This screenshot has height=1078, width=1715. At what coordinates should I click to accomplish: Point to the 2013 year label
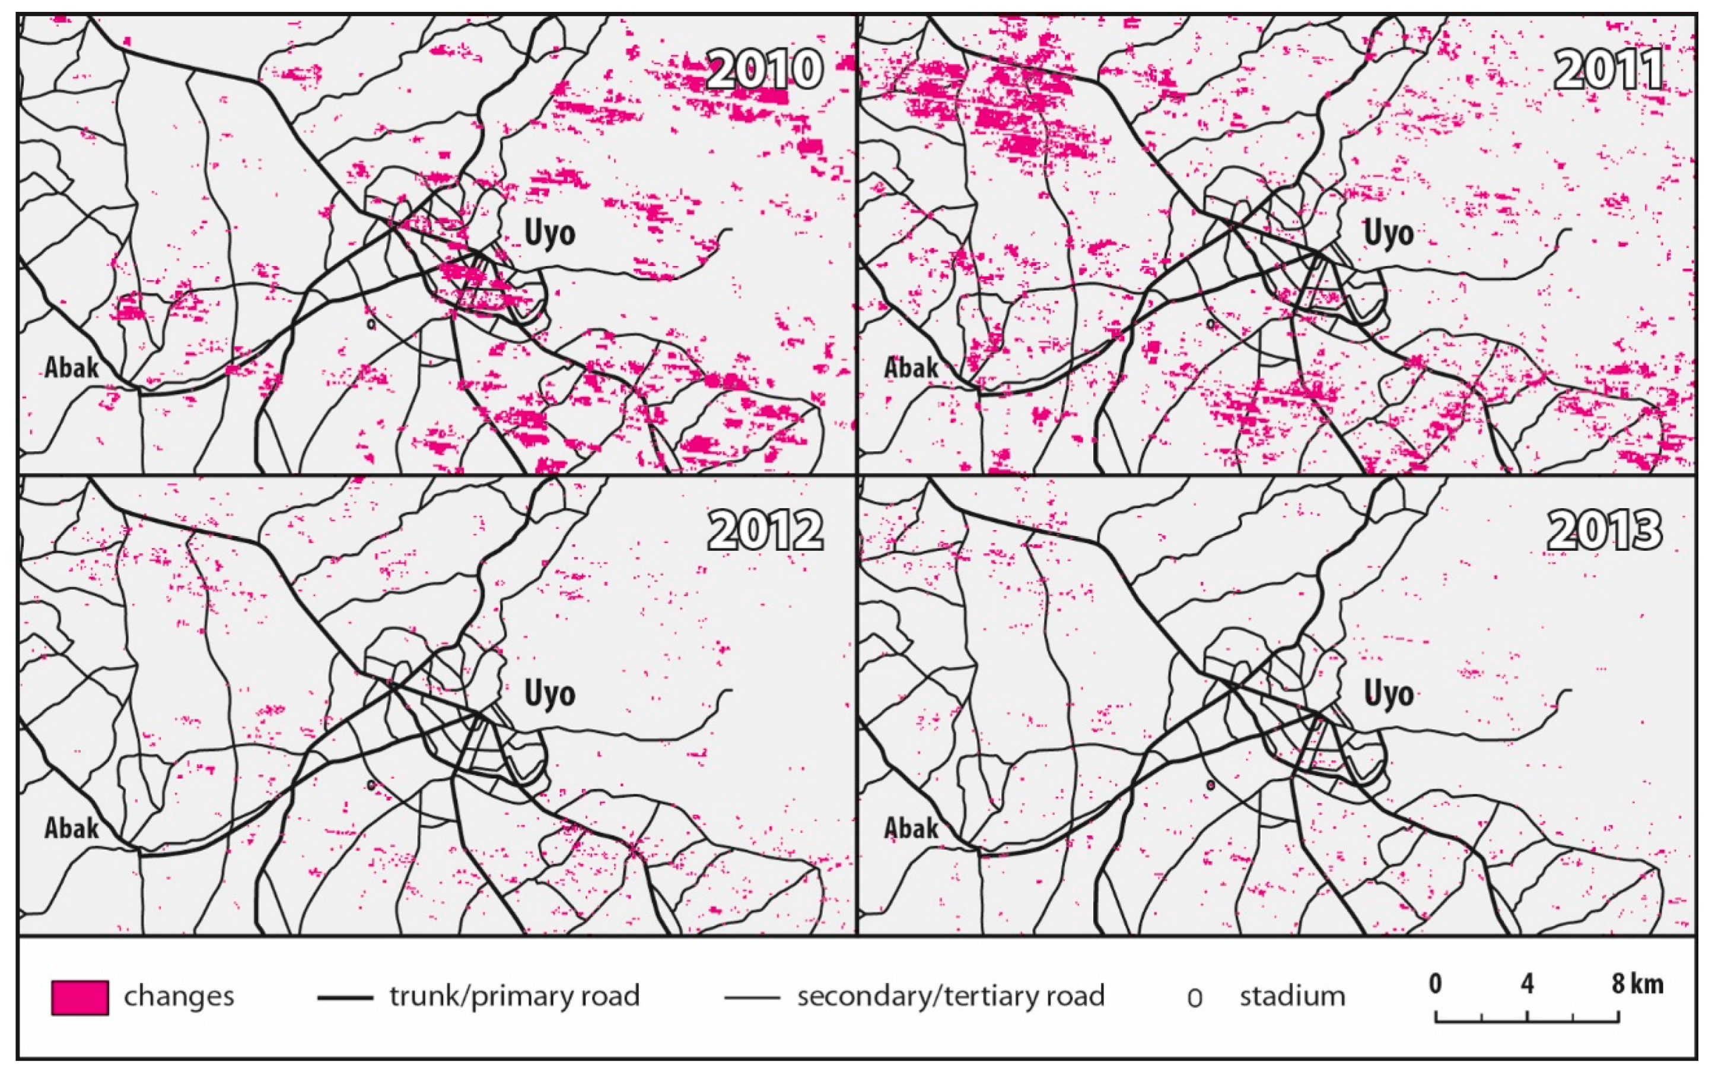[1605, 531]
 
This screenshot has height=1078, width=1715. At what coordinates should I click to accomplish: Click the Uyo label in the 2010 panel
[549, 233]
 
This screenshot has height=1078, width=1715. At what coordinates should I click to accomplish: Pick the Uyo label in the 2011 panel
[1388, 233]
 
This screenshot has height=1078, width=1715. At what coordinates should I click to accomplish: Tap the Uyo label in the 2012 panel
[549, 693]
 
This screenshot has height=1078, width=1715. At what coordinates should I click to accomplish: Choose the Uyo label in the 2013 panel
[1388, 693]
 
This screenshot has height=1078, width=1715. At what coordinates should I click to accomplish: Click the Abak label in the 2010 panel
[71, 367]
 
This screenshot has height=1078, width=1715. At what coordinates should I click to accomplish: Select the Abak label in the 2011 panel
[911, 367]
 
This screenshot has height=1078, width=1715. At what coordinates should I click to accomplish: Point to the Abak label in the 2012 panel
[71, 828]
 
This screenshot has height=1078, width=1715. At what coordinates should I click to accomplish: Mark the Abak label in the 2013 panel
[911, 828]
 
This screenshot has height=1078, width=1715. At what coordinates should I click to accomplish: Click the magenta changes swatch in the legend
[79, 997]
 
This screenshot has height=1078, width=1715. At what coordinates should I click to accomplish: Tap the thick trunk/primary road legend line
[345, 997]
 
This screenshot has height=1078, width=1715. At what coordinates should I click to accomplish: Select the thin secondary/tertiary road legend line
[752, 997]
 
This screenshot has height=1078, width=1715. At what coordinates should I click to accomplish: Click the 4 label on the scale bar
[1527, 984]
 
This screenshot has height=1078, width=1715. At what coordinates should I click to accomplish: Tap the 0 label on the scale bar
[1435, 984]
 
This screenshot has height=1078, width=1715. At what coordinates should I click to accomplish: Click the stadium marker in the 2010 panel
[370, 324]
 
